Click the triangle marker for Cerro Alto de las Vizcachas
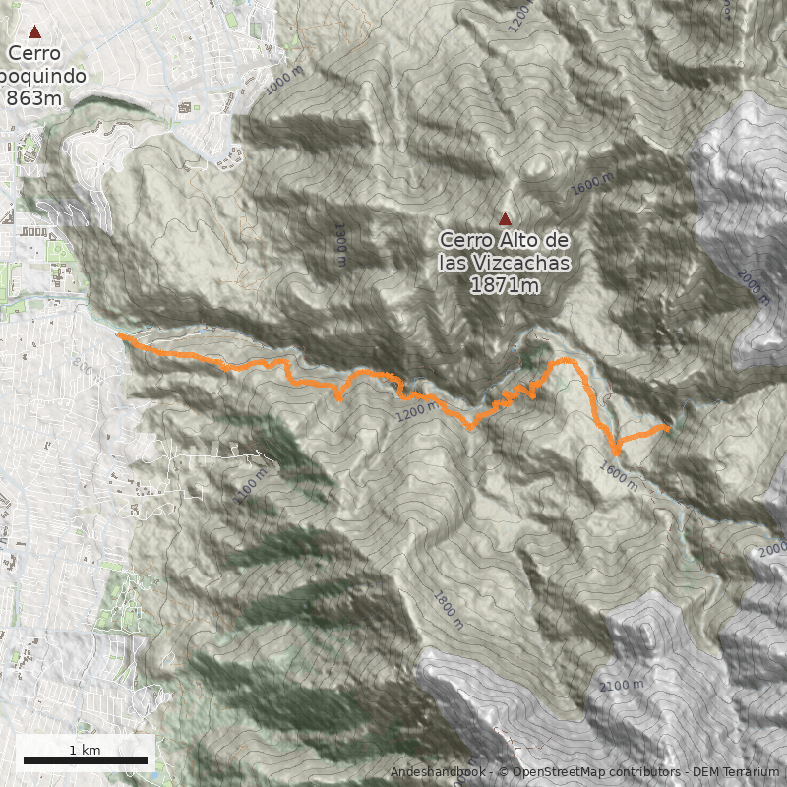click(506, 219)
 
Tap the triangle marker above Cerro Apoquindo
click(35, 32)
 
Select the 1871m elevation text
click(505, 285)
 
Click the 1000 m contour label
click(286, 81)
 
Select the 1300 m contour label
click(340, 245)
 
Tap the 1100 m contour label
click(252, 486)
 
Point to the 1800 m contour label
click(447, 609)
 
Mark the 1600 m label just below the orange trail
click(618, 476)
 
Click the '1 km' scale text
click(85, 750)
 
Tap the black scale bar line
click(85, 760)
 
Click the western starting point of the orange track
click(120, 336)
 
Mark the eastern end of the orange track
click(669, 429)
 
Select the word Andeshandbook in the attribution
click(438, 772)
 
